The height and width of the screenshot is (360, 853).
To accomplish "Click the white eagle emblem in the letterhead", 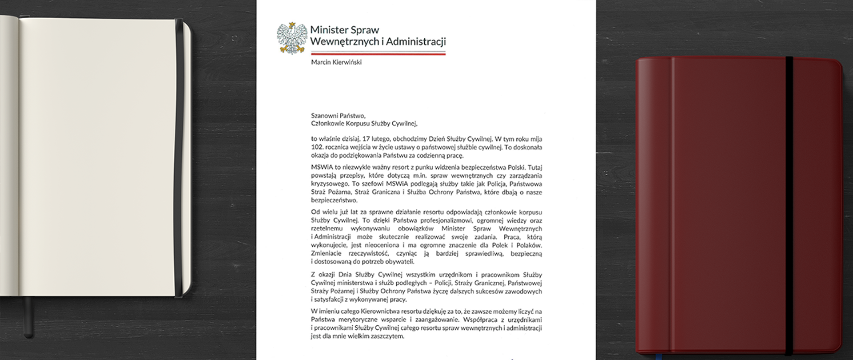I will (292, 38).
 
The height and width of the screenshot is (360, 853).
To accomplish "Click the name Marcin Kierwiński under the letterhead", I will (336, 62).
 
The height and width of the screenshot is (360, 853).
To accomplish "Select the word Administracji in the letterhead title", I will (416, 42).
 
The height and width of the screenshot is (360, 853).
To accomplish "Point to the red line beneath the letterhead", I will (378, 54).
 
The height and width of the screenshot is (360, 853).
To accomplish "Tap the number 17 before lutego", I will (367, 139).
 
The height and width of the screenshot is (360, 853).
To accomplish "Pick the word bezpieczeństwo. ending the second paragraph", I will (334, 200).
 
